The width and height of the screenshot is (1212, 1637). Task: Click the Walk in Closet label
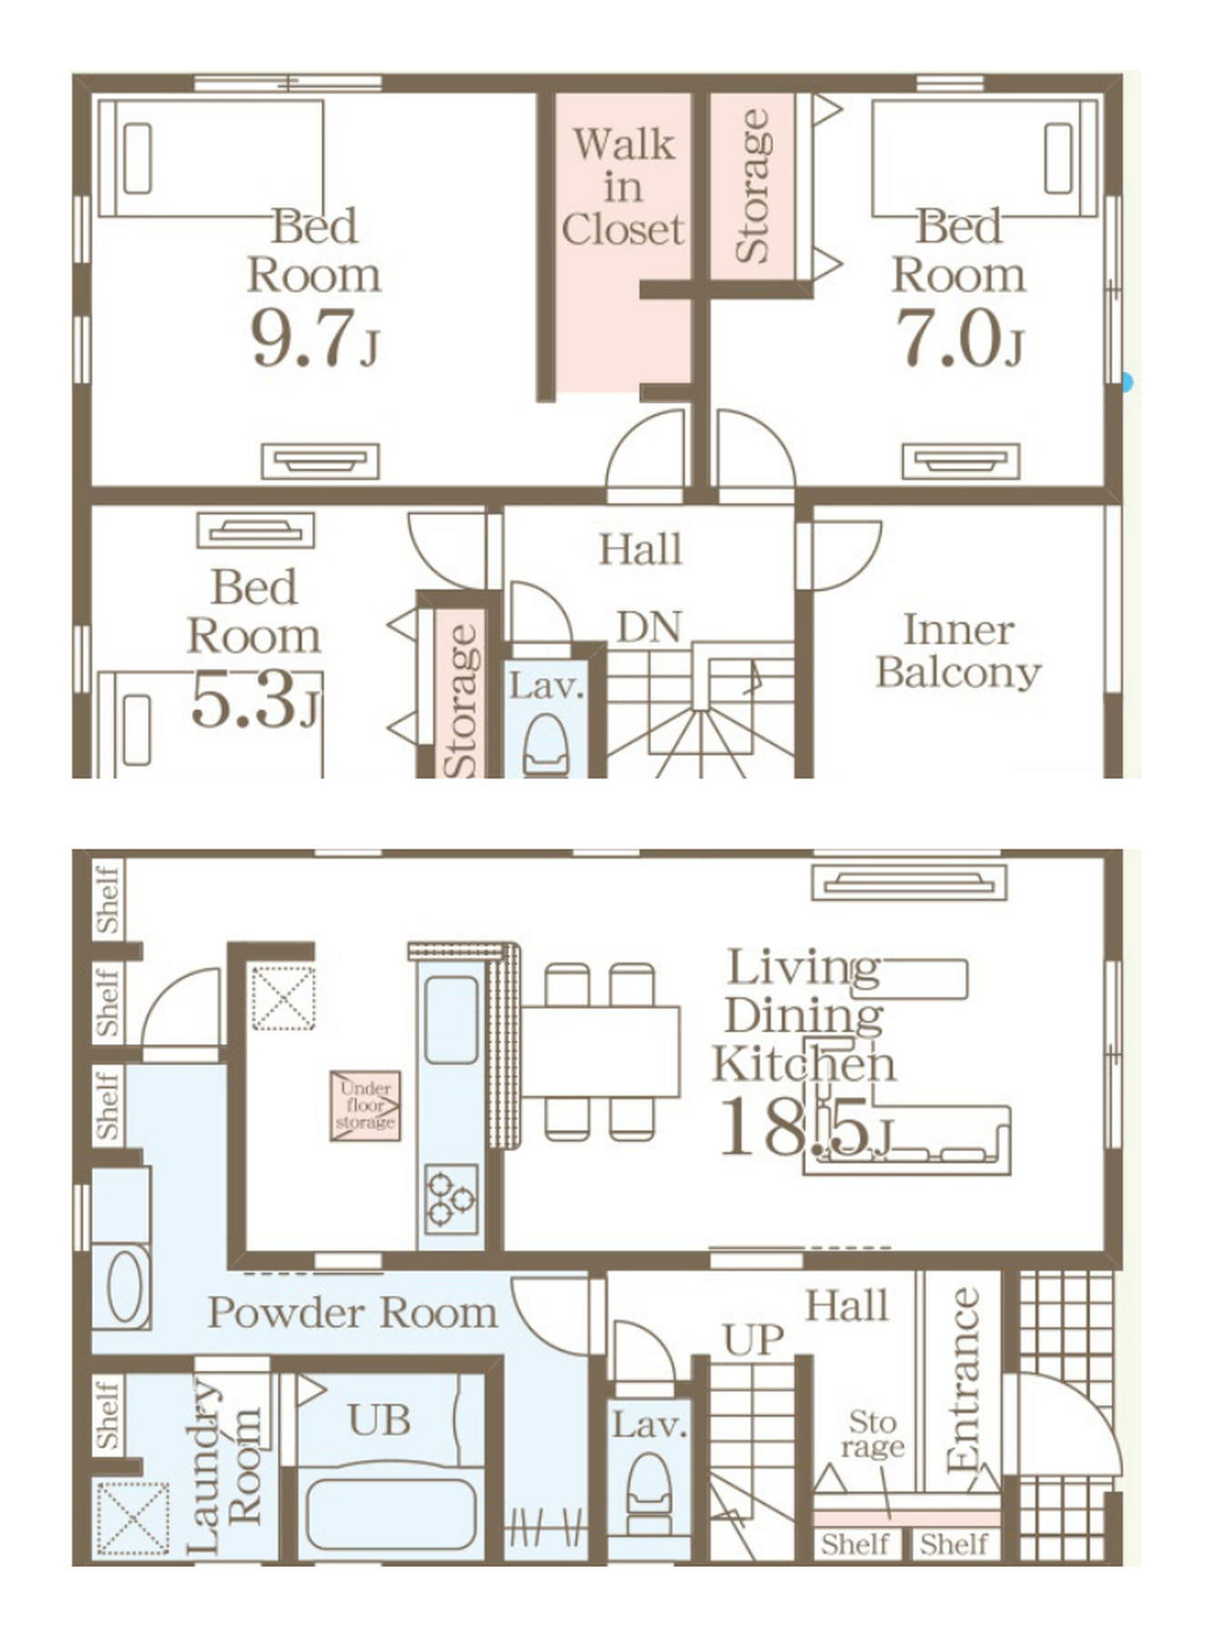[622, 187]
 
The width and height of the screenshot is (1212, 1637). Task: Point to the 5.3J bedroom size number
[256, 700]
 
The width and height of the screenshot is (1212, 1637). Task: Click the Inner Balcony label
[958, 651]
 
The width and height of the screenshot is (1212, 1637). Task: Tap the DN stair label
[649, 628]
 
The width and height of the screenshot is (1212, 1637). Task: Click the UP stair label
[753, 1340]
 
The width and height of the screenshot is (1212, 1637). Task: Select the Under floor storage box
[365, 1105]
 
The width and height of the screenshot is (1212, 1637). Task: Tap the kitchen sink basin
[451, 1019]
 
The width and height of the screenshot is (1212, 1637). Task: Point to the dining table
[601, 1051]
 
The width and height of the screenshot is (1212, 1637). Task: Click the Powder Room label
[353, 1312]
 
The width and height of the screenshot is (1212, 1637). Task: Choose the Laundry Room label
[224, 1467]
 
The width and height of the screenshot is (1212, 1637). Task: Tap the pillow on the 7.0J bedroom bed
[1058, 158]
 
